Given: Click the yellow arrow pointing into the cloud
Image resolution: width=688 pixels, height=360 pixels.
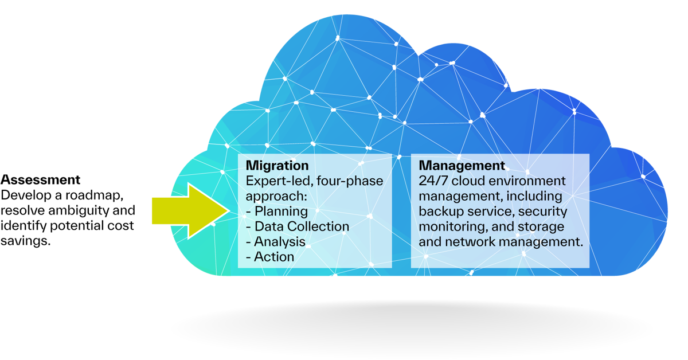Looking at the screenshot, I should pos(186,211).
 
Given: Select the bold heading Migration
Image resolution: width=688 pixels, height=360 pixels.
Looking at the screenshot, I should pos(277,166).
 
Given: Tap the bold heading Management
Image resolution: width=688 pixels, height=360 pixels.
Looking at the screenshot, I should pos(462,166).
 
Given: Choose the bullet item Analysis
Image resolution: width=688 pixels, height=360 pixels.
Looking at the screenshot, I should pos(279,241).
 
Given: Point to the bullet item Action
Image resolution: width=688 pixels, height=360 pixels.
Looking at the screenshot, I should pos(274,257).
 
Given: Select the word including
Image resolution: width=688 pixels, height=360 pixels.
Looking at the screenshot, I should pos(538,197).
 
